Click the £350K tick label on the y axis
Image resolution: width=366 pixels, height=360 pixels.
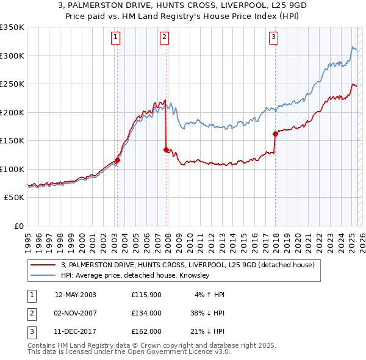12,27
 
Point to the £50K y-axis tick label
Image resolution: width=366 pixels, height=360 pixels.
14,198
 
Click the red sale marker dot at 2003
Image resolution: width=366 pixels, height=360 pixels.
117,160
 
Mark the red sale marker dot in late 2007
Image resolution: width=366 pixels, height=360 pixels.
166,149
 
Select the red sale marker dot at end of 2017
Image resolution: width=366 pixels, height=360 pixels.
275,134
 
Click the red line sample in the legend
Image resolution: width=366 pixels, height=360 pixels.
43,265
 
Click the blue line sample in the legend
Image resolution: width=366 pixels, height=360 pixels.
43,276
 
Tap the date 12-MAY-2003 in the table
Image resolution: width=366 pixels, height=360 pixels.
76,295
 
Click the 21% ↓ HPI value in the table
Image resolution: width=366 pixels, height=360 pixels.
207,331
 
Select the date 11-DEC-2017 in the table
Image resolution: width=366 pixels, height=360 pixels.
76,331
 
